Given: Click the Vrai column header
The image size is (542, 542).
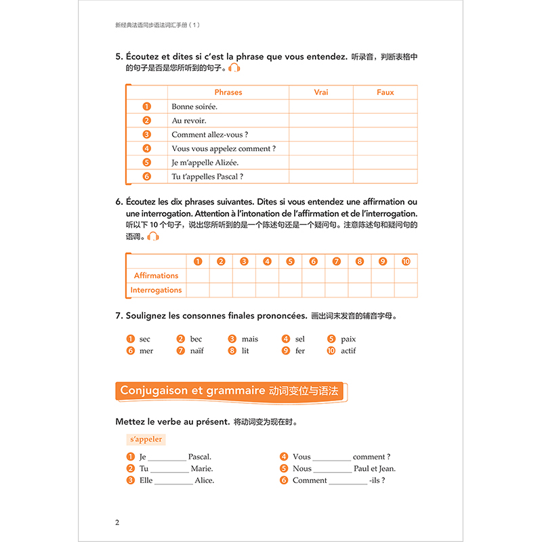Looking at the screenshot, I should click(321, 92).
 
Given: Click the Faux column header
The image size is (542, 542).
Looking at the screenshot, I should click(385, 92).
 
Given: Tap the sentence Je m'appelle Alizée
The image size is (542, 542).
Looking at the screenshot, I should click(205, 163).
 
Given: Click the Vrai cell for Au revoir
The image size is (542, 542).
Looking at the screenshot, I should click(321, 121).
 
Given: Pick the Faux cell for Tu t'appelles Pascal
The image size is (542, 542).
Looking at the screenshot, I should click(385, 177).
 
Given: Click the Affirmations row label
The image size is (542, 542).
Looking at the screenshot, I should click(156, 276).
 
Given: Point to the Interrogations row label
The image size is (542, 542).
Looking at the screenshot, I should click(156, 290).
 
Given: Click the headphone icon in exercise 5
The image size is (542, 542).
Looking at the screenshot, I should click(234, 68).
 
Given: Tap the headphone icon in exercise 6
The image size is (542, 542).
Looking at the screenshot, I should click(153, 236).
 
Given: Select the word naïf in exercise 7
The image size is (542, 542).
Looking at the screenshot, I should click(196, 351).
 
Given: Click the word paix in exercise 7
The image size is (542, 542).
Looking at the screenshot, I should click(349, 339).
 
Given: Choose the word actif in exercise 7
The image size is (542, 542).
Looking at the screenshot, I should click(348, 351).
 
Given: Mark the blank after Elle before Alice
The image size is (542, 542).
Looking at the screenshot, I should click(173, 481).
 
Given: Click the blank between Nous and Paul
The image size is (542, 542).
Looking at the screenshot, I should click(333, 469).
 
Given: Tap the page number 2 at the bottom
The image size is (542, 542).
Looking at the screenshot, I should click(118, 522).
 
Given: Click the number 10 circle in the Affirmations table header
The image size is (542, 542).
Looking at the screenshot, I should click(406, 262).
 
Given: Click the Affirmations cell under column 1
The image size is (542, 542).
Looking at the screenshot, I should click(198, 276).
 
